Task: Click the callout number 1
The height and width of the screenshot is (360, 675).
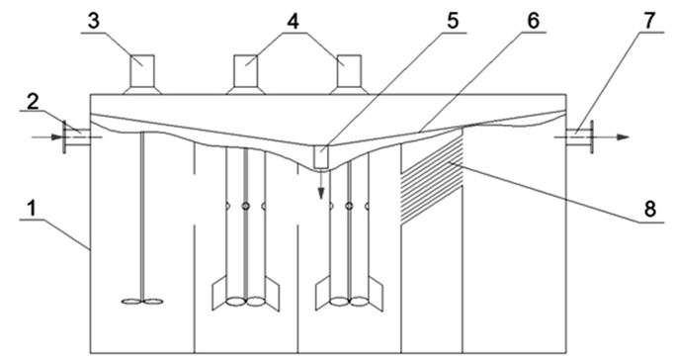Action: pos(31,209)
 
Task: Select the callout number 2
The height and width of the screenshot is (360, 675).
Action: pos(33,101)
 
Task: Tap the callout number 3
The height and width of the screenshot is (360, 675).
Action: pos(94,21)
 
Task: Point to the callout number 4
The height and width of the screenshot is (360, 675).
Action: pos(293,21)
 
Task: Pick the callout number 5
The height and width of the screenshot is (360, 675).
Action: pos(453,21)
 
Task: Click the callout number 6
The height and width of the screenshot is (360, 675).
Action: pos(533,21)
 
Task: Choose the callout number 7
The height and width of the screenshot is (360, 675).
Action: pos(650,21)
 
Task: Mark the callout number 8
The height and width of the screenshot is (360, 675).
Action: pos(649,210)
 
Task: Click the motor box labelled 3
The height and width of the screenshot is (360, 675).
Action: pos(142,70)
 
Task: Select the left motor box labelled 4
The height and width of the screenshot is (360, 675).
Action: pos(245,70)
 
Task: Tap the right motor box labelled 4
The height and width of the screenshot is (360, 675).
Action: pos(349,70)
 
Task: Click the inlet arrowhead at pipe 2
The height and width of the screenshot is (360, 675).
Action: pos(57,137)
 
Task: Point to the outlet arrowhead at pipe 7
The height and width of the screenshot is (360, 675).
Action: pos(623,136)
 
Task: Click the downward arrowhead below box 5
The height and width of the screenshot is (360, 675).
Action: pos(321,193)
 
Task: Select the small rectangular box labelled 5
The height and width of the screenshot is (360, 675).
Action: pos(321,156)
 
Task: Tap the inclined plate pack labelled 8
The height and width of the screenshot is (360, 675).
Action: pos(432,178)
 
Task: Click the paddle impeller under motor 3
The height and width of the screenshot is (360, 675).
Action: pos(142,302)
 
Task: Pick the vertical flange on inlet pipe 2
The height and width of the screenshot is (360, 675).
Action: pos(64,136)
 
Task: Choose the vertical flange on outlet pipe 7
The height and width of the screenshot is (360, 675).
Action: pos(591,136)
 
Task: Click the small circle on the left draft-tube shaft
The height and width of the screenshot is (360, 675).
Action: pos(245,207)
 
